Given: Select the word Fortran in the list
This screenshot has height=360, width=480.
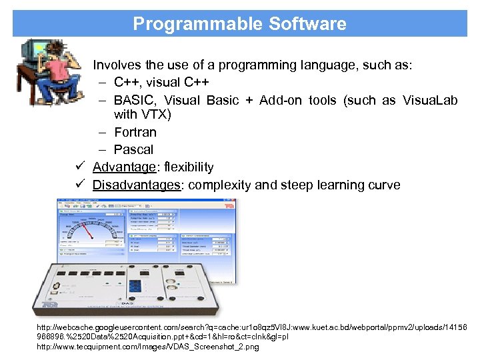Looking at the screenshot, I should click(135, 132).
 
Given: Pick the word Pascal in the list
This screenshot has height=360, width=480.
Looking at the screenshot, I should click(133, 149).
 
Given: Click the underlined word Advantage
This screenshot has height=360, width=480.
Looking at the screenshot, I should click(124, 167).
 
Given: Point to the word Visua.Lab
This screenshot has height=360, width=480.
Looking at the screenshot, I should click(429, 100).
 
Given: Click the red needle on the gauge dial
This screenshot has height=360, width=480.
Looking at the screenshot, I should click(93, 231).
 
